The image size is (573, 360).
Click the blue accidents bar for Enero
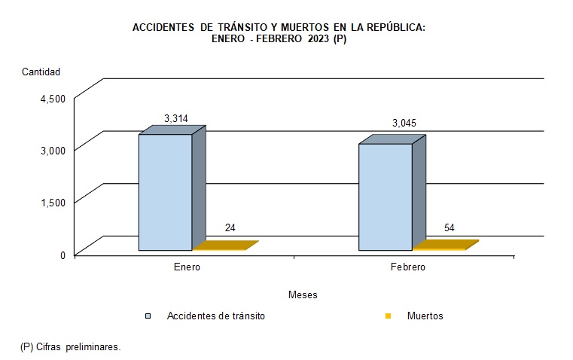tap(165, 192)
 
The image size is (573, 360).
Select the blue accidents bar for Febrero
tap(385, 197)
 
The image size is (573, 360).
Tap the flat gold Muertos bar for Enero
tap(225, 246)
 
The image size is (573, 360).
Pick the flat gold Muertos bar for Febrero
tap(445, 245)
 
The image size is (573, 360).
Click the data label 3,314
tap(175, 118)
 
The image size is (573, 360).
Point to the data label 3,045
tap(404, 123)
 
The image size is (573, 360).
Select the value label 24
tap(231, 228)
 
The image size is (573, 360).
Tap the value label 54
tap(450, 227)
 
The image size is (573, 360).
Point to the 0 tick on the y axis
tap(62, 255)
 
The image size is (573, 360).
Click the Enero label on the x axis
tap(186, 267)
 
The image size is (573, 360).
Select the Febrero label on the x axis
tap(407, 267)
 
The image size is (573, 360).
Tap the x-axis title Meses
tap(303, 294)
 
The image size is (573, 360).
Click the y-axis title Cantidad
tap(41, 72)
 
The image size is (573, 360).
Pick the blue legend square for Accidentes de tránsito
tap(149, 316)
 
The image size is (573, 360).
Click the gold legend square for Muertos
tap(389, 316)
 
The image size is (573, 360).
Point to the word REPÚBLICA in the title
tap(389, 27)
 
